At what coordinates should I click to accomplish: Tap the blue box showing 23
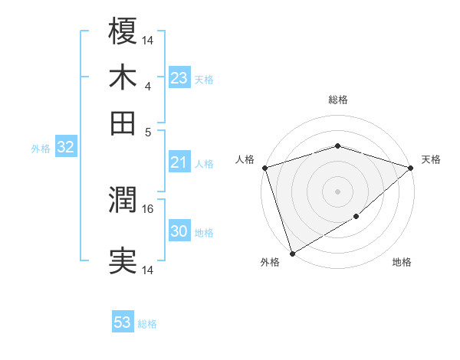pos(179,78)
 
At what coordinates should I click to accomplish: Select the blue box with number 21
pos(179,162)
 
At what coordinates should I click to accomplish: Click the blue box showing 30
pos(179,231)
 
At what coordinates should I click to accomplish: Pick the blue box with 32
pos(65,148)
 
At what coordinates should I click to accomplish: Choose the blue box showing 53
pos(123,322)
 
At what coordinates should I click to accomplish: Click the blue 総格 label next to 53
pos(147,324)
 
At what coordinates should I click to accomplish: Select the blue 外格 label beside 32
pos(41,149)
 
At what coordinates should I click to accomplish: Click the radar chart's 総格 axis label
pos(337,100)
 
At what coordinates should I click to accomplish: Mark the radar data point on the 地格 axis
pos(356,218)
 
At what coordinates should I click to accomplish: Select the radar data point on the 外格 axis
pos(292,254)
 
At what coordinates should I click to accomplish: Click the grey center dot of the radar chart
pos(337,191)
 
